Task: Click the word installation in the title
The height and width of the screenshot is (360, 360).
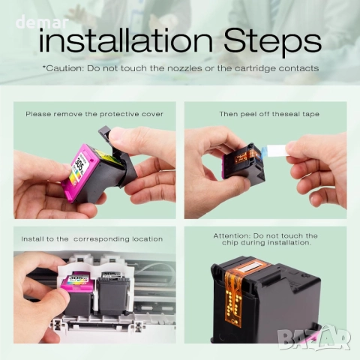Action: point(126,40)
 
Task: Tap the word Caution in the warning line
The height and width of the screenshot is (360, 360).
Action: point(64,68)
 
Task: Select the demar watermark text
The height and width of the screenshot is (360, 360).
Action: point(42,22)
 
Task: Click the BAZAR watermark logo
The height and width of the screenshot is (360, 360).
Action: point(314,337)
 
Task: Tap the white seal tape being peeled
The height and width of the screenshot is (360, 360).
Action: point(276,151)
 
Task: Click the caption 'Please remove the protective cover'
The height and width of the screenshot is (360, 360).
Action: point(94,114)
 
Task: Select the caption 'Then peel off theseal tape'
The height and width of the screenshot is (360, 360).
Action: point(269,114)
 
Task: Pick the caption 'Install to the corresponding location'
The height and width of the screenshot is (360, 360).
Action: point(92,239)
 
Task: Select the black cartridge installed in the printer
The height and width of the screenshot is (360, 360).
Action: point(112,293)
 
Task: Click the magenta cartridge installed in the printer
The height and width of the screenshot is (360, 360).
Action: point(78,293)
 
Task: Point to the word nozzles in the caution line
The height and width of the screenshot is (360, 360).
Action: point(184,68)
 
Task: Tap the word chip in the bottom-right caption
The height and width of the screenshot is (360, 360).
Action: point(229,243)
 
